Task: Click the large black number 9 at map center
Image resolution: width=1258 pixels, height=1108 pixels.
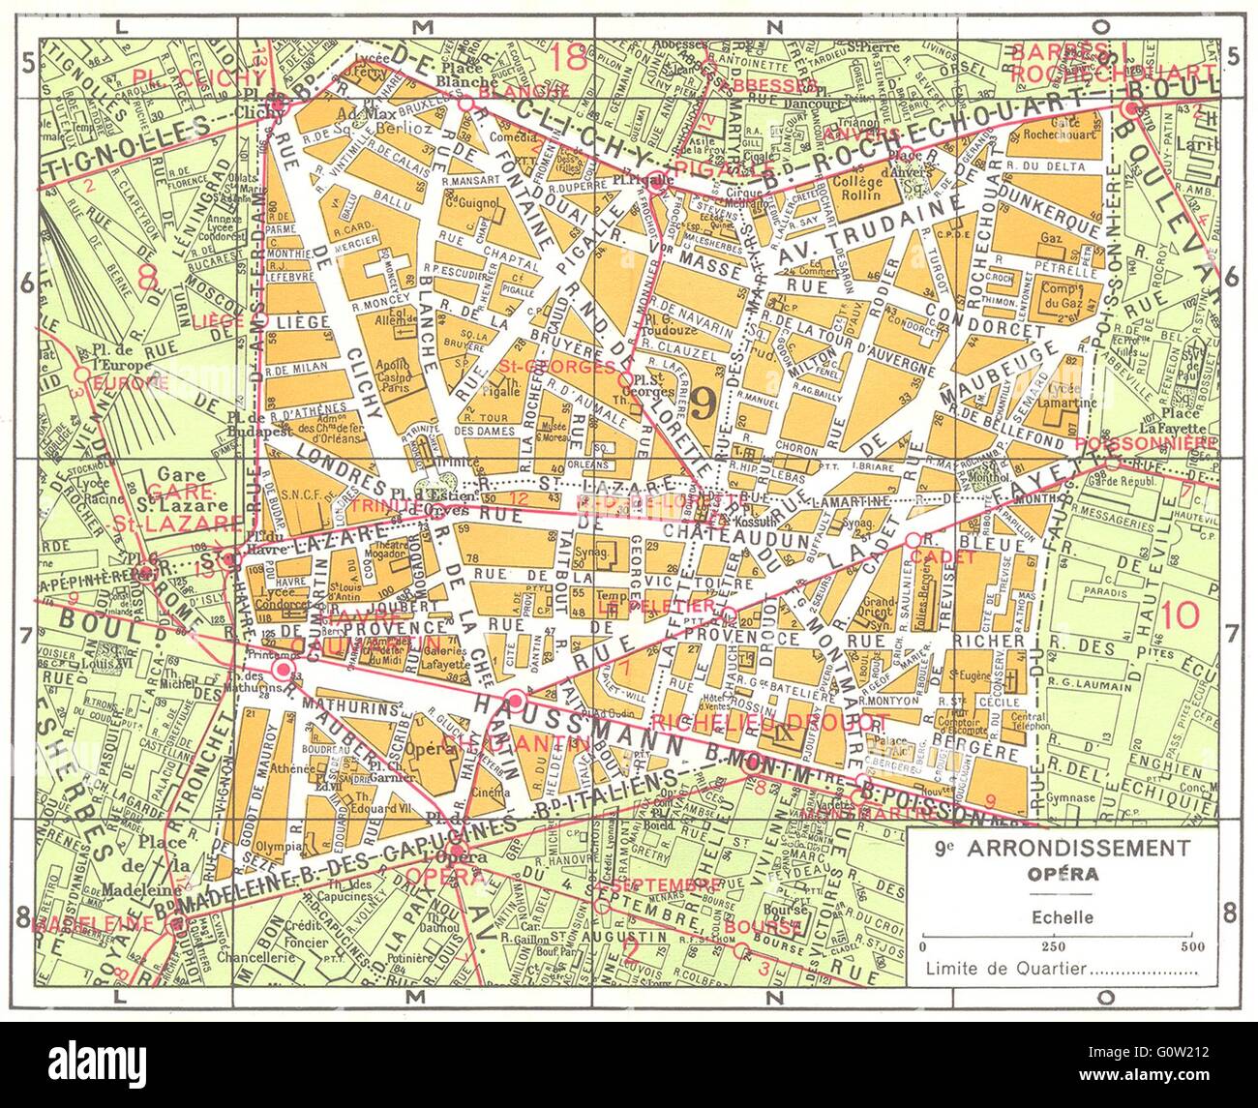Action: (704, 399)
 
